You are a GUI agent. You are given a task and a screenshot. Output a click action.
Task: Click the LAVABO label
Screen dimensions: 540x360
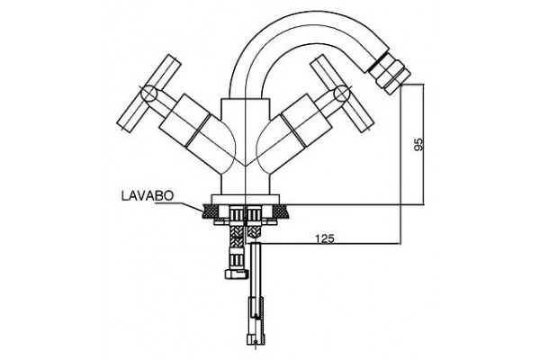[x=147, y=195]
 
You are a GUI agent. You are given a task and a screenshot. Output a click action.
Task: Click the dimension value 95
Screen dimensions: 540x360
[x=418, y=144]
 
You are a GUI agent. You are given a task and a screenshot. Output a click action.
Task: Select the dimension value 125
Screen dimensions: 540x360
[x=325, y=238]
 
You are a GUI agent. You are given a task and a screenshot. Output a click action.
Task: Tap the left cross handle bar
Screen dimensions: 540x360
[x=149, y=93]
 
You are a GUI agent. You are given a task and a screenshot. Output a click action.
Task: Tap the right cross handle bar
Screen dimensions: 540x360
[x=342, y=94]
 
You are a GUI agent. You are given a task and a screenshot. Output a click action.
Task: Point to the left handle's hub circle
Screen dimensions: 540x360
[x=149, y=93]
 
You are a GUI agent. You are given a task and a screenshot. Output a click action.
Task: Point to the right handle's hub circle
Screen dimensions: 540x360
[x=342, y=94]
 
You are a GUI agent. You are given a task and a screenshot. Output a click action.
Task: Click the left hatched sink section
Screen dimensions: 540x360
[x=210, y=211]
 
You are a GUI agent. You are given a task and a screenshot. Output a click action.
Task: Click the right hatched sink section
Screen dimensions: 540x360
[x=281, y=211]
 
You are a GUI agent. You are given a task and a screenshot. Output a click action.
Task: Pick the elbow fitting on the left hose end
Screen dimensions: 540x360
[x=236, y=274]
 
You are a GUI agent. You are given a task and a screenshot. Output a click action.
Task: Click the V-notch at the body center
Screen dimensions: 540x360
[x=245, y=166]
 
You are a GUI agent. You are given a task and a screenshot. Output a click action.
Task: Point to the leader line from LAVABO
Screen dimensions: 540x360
[x=179, y=206]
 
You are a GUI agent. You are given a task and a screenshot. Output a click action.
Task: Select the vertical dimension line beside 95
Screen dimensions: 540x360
[x=424, y=144]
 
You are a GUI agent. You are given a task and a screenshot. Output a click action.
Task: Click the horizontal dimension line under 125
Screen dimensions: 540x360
[x=331, y=244]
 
